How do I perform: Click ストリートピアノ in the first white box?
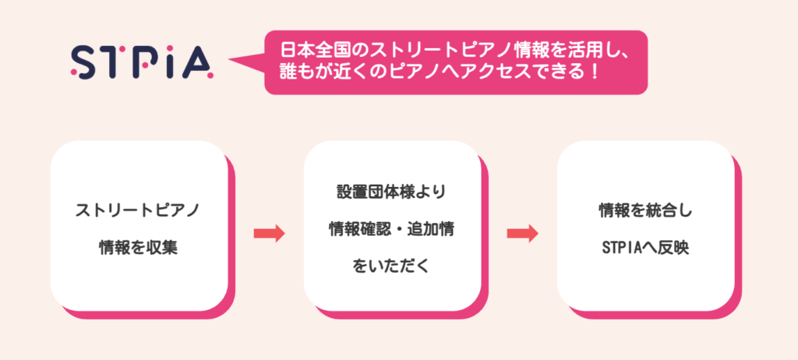click(138, 210)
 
